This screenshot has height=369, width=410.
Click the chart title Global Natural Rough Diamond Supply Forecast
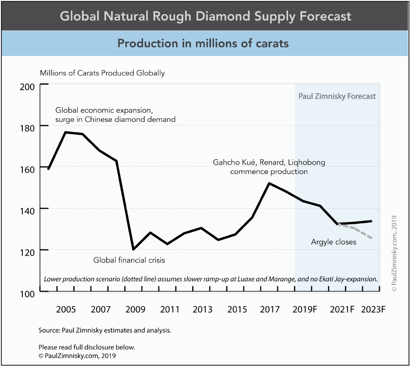pos(205,16)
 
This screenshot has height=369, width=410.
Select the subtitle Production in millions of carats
pos(203,43)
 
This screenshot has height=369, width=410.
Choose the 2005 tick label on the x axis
pos(66,310)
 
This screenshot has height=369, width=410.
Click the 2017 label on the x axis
pos(270,310)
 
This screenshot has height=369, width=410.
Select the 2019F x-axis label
pos(305,310)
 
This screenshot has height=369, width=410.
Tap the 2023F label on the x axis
pos(373,310)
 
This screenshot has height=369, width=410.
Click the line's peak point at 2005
pos(66,132)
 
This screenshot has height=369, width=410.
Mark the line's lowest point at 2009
pos(133,249)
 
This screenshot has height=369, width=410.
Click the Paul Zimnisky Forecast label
pos(337,96)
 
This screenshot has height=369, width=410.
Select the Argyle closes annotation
pos(333,242)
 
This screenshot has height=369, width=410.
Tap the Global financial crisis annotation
pos(129,260)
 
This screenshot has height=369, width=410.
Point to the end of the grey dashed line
pos(372,238)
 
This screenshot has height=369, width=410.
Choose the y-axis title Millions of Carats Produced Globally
pos(102,73)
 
